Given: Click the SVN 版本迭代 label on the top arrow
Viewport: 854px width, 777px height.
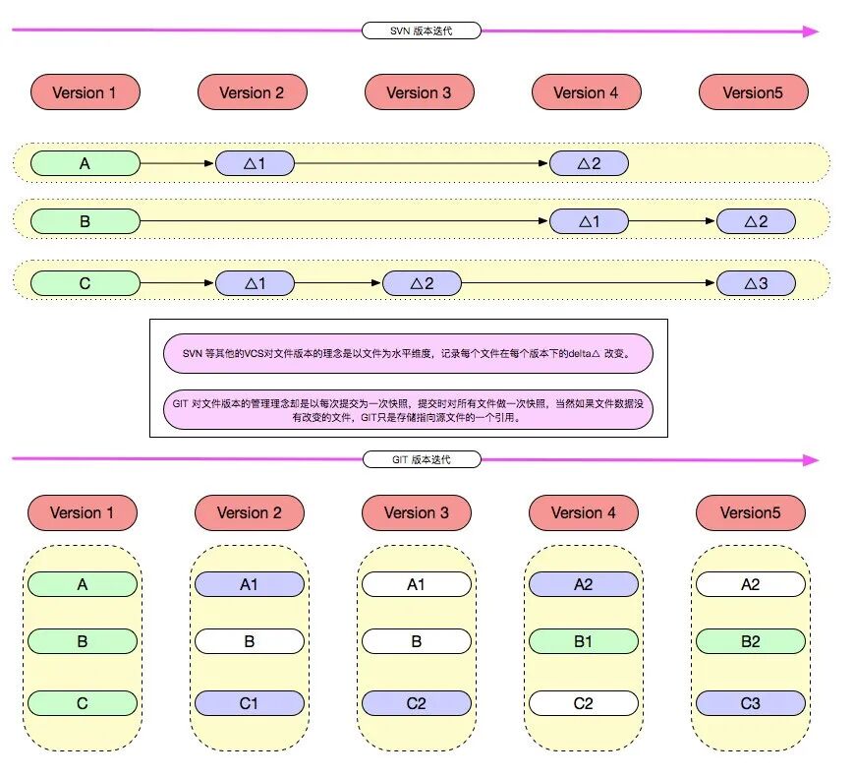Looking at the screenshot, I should [x=421, y=30].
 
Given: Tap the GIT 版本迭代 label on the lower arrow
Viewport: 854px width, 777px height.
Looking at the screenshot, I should [x=421, y=459].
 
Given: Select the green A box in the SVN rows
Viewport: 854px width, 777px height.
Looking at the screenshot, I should [x=85, y=163].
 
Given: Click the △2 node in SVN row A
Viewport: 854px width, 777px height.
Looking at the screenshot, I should [x=589, y=163].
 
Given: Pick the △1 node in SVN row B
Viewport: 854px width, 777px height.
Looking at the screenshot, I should [x=589, y=221].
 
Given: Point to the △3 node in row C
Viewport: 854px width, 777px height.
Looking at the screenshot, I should [x=755, y=283].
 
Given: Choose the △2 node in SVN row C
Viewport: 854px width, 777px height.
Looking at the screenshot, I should [x=422, y=283].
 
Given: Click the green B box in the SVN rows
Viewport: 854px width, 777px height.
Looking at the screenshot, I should [x=85, y=221].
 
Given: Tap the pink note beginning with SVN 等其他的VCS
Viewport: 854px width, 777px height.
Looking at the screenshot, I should [x=408, y=352].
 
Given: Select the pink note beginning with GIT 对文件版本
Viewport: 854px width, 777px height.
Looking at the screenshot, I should [x=408, y=409].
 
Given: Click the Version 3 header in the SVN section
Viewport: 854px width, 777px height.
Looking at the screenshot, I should [x=419, y=92].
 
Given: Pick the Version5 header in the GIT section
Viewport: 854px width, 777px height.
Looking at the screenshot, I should [x=750, y=512].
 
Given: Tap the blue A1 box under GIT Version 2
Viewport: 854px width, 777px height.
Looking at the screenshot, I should [x=249, y=584].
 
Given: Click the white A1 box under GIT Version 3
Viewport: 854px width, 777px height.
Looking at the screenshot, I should [x=416, y=584].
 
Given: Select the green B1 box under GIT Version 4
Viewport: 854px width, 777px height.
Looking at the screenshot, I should [x=583, y=641].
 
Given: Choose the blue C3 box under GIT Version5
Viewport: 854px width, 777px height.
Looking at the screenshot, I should [x=750, y=703].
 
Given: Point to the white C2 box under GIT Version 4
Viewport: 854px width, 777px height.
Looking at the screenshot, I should [x=583, y=703].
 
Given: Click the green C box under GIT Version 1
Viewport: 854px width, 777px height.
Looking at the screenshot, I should [x=82, y=703].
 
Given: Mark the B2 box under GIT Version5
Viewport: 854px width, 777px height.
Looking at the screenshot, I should [x=750, y=641].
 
